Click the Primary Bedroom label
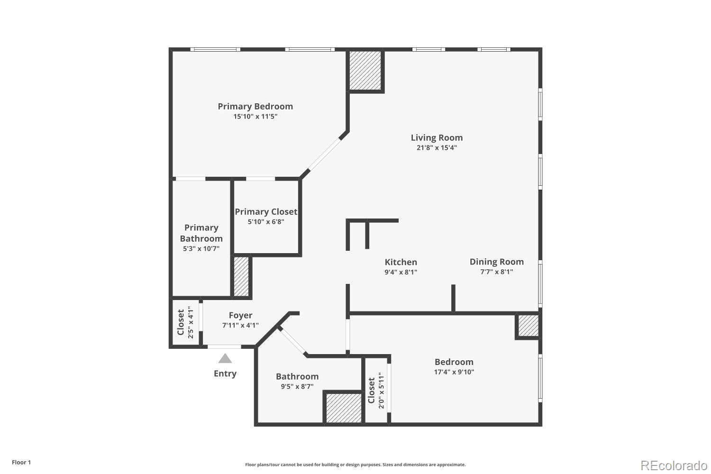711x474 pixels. coord(255,106)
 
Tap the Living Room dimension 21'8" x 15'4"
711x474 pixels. coord(436,148)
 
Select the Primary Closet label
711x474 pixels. coord(266,212)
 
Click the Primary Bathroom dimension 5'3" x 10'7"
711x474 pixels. coord(201,248)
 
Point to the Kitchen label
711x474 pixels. coord(401,262)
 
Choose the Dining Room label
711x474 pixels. coord(496,262)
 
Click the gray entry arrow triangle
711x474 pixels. coord(225,358)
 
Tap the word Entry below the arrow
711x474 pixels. coord(225,374)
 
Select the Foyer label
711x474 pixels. coord(240,315)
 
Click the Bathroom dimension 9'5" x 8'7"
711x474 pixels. coord(297,387)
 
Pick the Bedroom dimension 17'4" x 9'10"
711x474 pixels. coord(454,372)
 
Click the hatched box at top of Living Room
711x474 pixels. coord(365,70)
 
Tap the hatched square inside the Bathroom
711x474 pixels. coord(344,408)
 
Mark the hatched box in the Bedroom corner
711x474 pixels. coord(528,326)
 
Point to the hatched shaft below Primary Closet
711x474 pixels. coord(241,277)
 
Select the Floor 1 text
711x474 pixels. coord(21,462)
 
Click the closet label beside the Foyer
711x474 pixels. coord(181,322)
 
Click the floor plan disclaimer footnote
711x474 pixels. coord(355,465)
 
